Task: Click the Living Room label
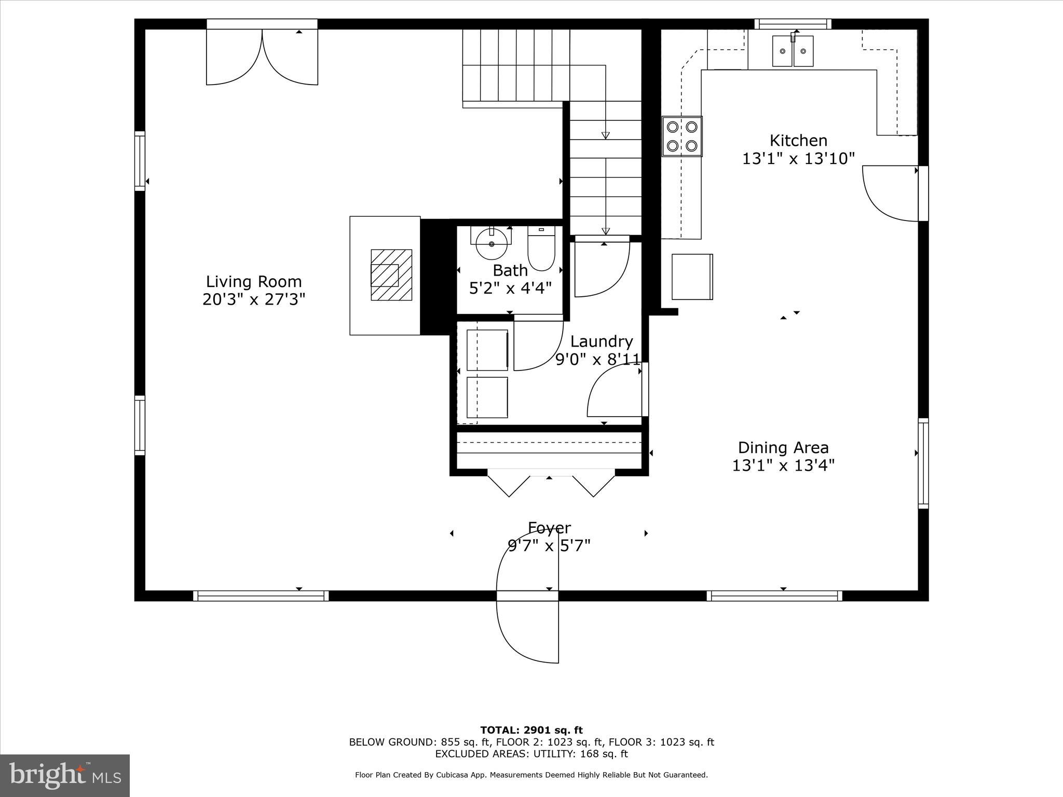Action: pyautogui.click(x=253, y=282)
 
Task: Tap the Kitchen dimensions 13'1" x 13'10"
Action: pyautogui.click(x=798, y=158)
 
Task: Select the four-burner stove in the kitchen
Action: pyautogui.click(x=682, y=136)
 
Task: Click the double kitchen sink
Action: pyautogui.click(x=793, y=51)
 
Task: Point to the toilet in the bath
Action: pyautogui.click(x=541, y=249)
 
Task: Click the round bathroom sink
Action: pyautogui.click(x=492, y=244)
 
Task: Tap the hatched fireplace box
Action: pyautogui.click(x=391, y=274)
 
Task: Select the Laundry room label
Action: pyautogui.click(x=601, y=341)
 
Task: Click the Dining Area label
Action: pyautogui.click(x=783, y=447)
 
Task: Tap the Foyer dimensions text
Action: pyautogui.click(x=549, y=546)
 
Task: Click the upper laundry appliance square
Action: pyautogui.click(x=487, y=350)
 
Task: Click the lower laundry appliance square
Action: pyautogui.click(x=487, y=397)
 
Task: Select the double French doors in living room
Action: pyautogui.click(x=262, y=57)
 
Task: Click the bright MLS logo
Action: pyautogui.click(x=65, y=775)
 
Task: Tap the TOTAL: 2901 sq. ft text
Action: pyautogui.click(x=531, y=731)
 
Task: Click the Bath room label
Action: pyautogui.click(x=510, y=270)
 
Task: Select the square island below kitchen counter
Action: pyautogui.click(x=692, y=277)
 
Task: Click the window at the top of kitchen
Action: pyautogui.click(x=793, y=24)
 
